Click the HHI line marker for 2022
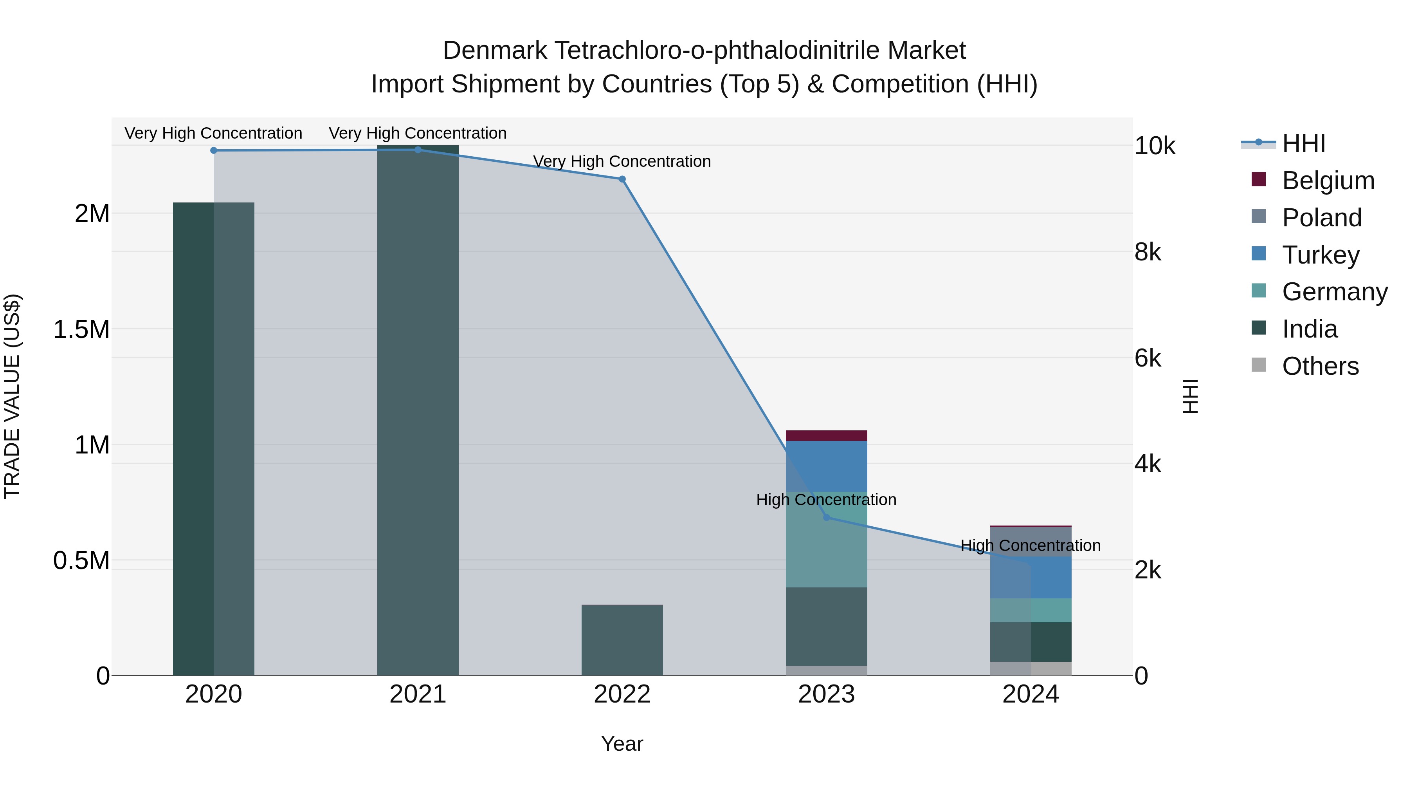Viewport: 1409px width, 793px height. click(x=622, y=179)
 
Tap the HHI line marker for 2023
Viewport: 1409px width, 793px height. click(x=827, y=517)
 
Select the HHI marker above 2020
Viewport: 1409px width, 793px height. click(x=214, y=150)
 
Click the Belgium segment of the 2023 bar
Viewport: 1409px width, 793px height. click(x=827, y=435)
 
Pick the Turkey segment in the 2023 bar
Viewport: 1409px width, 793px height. click(x=827, y=466)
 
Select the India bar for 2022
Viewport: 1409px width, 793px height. click(x=622, y=640)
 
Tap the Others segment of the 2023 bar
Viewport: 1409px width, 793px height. click(x=827, y=670)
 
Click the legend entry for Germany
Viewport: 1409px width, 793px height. click(x=1335, y=292)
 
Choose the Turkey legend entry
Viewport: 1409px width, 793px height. click(x=1321, y=255)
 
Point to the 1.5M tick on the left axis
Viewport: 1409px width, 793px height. click(x=81, y=329)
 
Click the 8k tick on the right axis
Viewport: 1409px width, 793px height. click(x=1148, y=252)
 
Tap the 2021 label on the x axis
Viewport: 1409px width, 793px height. click(x=418, y=694)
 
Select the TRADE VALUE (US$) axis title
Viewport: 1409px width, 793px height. click(x=13, y=396)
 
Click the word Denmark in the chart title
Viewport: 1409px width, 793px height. click(x=494, y=51)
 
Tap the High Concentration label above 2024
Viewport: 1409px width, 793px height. click(x=1031, y=546)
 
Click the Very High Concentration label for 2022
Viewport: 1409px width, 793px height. click(x=622, y=161)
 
